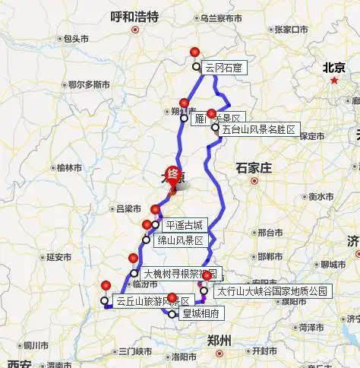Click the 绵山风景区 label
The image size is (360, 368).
(x=181, y=240)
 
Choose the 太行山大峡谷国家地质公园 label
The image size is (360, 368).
(x=273, y=290)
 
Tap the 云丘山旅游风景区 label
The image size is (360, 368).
(x=152, y=301)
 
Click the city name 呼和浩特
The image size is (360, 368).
(x=134, y=15)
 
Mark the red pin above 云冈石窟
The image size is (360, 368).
(x=195, y=52)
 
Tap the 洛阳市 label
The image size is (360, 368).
(x=185, y=356)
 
